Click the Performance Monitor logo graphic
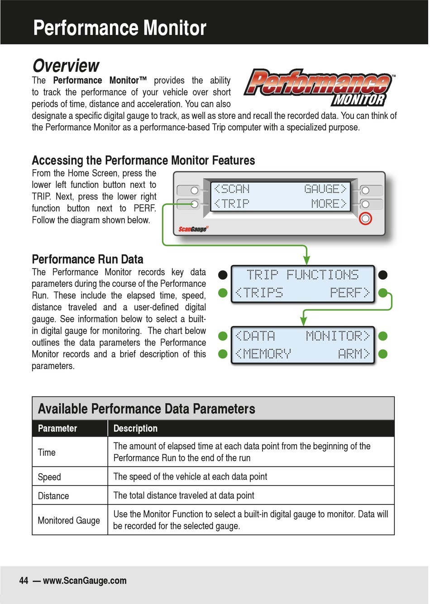click(320, 87)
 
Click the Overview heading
click(66, 66)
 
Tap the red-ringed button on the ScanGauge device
click(366, 219)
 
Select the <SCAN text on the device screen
click(231, 189)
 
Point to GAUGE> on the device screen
click(325, 189)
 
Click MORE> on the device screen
click(329, 204)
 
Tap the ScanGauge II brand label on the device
click(193, 229)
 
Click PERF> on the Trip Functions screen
click(349, 293)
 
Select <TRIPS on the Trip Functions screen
click(259, 293)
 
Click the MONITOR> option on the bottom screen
click(338, 336)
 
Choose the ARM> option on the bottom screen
click(354, 354)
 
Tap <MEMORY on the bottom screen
click(263, 354)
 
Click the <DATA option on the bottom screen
click(255, 336)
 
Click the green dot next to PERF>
click(383, 293)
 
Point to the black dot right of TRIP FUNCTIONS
click(383, 275)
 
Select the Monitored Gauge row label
click(69, 520)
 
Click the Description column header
click(135, 428)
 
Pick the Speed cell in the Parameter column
click(49, 477)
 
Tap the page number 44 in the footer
click(24, 580)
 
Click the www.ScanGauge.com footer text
click(85, 580)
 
